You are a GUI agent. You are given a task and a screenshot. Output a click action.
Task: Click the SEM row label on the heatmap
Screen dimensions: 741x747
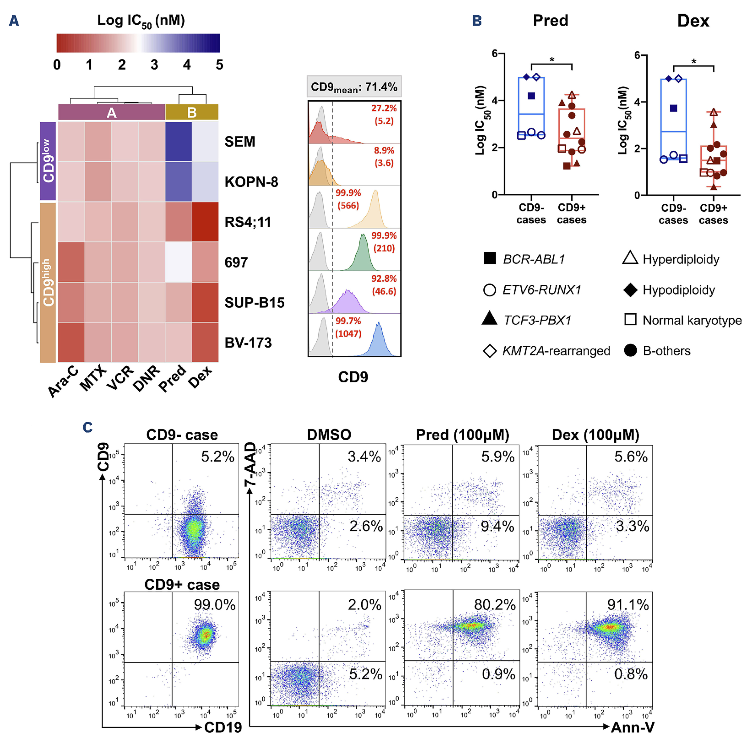point(240,142)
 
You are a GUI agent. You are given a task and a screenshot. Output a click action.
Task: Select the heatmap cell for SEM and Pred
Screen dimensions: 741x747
point(178,141)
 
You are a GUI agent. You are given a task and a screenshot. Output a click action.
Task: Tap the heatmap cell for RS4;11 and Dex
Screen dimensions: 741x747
point(205,222)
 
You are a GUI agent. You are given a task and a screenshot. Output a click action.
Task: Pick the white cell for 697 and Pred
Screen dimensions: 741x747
point(178,262)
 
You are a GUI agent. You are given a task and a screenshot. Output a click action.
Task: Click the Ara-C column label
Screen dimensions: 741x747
point(63,382)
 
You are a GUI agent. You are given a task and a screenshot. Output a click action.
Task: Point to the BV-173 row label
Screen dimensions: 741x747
point(248,343)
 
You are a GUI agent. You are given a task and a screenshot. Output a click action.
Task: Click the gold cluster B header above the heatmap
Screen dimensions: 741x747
point(192,112)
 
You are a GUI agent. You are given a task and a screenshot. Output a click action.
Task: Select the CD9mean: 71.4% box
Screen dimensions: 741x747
point(354,87)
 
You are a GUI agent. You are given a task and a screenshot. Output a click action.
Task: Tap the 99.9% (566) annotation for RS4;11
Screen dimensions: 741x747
point(348,199)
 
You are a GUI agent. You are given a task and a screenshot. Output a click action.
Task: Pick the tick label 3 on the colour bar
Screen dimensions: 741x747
point(154,64)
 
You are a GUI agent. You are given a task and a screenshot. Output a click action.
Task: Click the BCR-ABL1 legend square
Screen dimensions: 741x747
point(490,259)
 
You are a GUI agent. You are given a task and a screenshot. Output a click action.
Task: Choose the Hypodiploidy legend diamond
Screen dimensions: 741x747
point(630,290)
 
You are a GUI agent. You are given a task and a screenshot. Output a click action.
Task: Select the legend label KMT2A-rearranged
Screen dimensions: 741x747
point(556,351)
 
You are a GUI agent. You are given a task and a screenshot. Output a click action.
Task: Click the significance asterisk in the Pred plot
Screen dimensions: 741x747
point(552,60)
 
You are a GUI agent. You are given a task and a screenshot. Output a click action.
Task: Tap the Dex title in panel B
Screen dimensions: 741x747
point(693,21)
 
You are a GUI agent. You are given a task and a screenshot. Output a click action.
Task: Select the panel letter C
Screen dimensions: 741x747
point(88,427)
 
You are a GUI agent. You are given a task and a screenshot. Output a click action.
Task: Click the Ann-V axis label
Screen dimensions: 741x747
point(633,727)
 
